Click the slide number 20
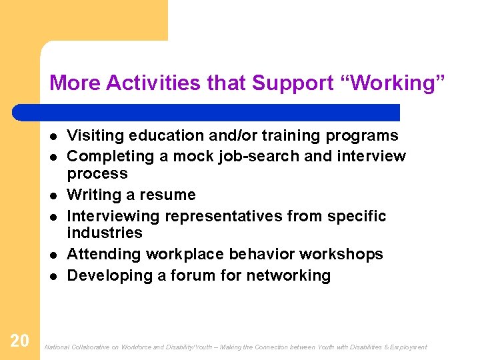[20, 341]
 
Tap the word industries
[105, 233]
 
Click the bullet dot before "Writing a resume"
[51, 195]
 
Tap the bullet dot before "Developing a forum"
[51, 276]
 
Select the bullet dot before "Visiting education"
[51, 136]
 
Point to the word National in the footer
[56, 347]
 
